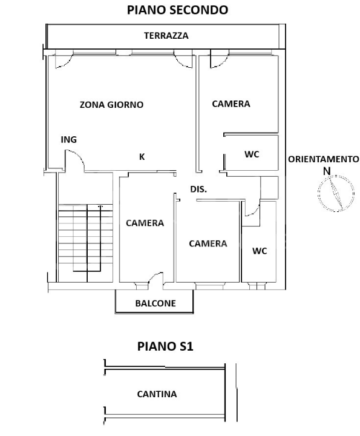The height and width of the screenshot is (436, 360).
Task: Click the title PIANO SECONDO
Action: (177, 10)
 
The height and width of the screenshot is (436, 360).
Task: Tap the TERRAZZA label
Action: (166, 36)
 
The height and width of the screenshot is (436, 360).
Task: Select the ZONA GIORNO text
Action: (112, 104)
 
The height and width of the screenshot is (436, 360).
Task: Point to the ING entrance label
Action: (69, 140)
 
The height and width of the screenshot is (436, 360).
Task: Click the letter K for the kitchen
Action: (142, 157)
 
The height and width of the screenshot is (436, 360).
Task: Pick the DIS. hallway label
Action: (199, 188)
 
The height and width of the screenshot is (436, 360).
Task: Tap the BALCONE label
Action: (155, 303)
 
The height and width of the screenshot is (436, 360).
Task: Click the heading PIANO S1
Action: (165, 347)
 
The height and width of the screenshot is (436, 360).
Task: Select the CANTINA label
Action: (157, 394)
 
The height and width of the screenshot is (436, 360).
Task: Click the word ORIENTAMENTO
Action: (323, 159)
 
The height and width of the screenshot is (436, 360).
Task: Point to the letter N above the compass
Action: (326, 171)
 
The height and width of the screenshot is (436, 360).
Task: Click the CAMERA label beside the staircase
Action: (145, 223)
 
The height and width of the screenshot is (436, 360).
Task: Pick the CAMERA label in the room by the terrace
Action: (231, 104)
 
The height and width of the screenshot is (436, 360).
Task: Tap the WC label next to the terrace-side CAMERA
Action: (252, 154)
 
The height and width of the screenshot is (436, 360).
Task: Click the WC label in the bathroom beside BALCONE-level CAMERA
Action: (259, 251)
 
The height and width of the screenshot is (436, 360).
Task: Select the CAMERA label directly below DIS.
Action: (208, 243)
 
